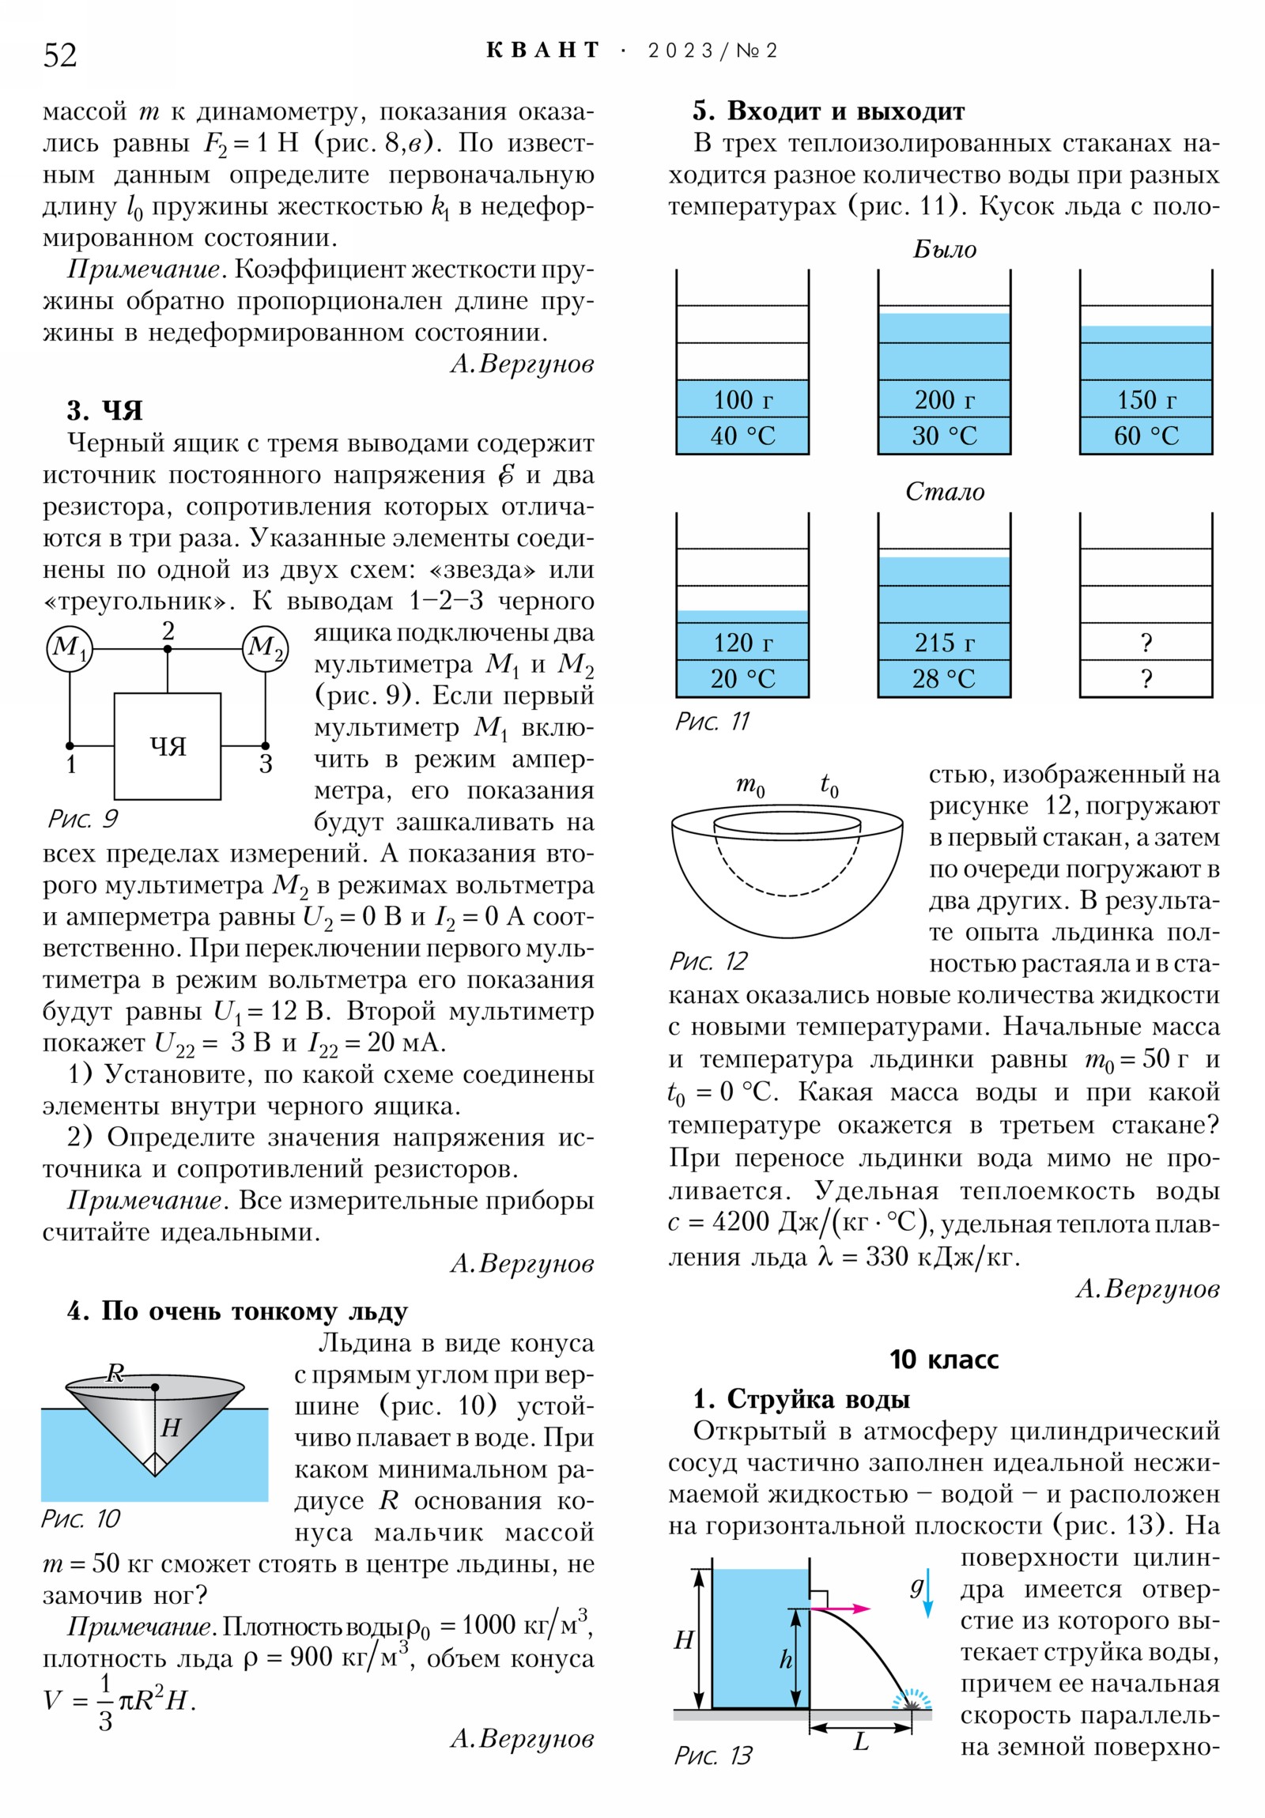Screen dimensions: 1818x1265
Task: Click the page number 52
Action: [60, 55]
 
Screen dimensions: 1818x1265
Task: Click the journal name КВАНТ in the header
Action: [542, 51]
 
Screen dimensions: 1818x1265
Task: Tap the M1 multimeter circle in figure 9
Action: [69, 648]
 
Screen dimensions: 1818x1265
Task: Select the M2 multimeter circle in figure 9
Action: [266, 648]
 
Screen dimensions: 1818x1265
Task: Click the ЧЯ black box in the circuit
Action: [168, 746]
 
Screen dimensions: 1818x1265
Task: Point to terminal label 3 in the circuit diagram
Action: [266, 765]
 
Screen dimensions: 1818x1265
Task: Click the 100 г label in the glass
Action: [742, 400]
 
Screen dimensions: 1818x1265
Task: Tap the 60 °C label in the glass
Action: [1146, 436]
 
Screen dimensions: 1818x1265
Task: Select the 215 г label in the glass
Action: [944, 643]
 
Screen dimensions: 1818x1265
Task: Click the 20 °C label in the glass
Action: [742, 679]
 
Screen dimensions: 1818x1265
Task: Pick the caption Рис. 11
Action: [712, 722]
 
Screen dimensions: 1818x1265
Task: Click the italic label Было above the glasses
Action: [944, 250]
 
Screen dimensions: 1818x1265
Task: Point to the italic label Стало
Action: [944, 492]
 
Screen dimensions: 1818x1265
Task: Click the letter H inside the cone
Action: [170, 1428]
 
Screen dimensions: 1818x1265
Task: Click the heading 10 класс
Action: [943, 1360]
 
